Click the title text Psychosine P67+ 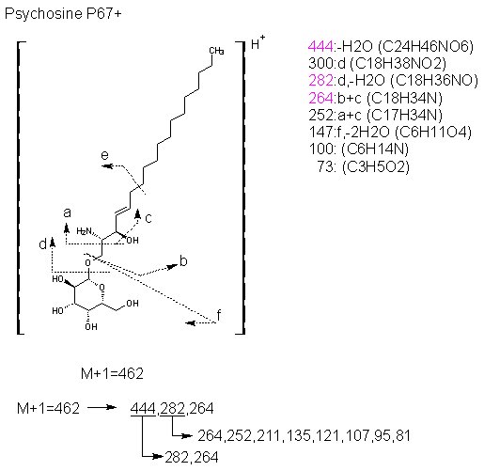(x=63, y=14)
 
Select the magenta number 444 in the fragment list (x=320, y=47)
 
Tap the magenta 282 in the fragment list (x=320, y=81)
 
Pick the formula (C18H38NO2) (x=398, y=64)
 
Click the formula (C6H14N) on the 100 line (x=375, y=149)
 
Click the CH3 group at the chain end (x=216, y=51)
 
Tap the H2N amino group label (x=84, y=231)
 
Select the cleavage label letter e (x=104, y=155)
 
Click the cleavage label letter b (x=183, y=260)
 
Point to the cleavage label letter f (x=219, y=315)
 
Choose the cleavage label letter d (x=42, y=243)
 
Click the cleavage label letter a (x=67, y=213)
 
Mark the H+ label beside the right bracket (x=258, y=42)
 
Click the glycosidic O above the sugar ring (x=88, y=263)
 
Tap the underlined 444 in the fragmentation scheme (x=143, y=409)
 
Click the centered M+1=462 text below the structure (x=112, y=373)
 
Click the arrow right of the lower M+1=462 (x=101, y=407)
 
